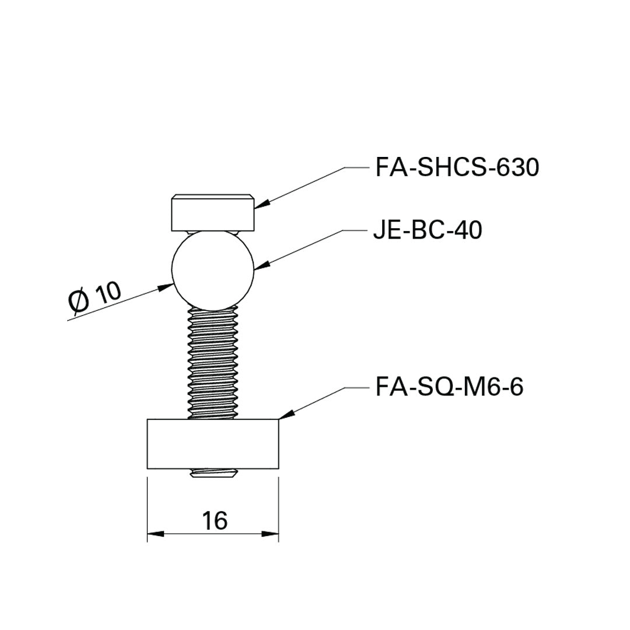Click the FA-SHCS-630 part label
click(x=457, y=167)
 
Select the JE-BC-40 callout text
click(x=428, y=231)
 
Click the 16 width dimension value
click(x=215, y=520)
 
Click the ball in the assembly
click(x=213, y=269)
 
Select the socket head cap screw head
click(x=213, y=214)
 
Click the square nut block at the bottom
click(x=213, y=444)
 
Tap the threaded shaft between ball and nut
click(x=213, y=362)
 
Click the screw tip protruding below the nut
click(x=213, y=474)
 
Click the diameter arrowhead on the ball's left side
click(x=166, y=286)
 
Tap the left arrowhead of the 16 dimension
click(x=155, y=533)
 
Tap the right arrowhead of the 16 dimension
click(x=271, y=533)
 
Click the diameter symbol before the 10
click(x=78, y=302)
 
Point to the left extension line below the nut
click(x=147, y=508)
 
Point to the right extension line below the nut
click(x=279, y=508)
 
